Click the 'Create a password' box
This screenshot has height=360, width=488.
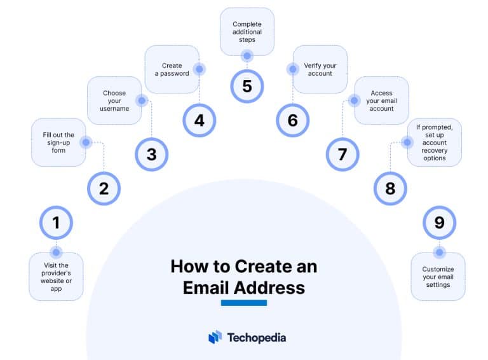tap(172, 69)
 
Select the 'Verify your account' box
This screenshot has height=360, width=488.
tap(320, 69)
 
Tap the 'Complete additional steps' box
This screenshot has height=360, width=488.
tap(247, 32)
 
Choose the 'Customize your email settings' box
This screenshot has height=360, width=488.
tap(438, 277)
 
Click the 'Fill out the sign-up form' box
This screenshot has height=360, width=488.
tap(58, 142)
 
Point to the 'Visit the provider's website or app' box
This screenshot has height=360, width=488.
tap(56, 277)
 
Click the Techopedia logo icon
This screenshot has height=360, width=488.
tap(215, 337)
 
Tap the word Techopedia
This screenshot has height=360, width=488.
tap(257, 338)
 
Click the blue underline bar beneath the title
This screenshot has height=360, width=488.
tap(244, 303)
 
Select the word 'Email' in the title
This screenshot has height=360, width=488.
tap(206, 287)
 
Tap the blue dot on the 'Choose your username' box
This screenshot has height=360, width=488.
tap(142, 100)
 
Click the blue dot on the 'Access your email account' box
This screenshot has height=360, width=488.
tap(354, 100)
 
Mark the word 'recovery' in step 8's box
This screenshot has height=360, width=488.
tap(435, 150)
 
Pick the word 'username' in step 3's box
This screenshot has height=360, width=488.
tap(114, 109)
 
